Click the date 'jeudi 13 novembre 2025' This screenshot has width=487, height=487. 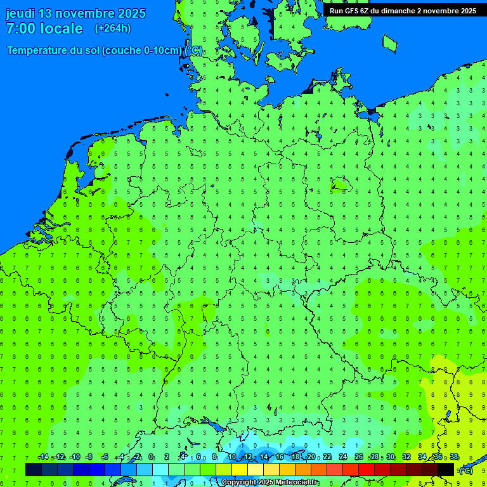(75, 13)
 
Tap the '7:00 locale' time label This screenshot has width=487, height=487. (44, 29)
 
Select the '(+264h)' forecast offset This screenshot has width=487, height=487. (113, 29)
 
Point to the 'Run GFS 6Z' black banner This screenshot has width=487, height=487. (403, 10)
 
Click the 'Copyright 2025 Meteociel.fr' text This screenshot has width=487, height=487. (270, 483)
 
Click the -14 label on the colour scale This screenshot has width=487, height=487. (43, 457)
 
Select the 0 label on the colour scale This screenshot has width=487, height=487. (151, 457)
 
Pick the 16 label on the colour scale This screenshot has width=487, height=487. (280, 457)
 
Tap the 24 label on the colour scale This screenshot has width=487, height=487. (343, 457)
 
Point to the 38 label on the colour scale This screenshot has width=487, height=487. (454, 457)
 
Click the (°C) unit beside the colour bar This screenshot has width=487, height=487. (465, 470)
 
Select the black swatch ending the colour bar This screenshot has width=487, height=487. (446, 470)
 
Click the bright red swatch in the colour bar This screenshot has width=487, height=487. (367, 470)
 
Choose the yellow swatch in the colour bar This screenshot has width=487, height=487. (240, 470)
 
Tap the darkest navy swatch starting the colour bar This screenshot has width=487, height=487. (34, 470)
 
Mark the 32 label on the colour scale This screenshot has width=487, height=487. (406, 457)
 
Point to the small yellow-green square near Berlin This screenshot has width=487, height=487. (341, 185)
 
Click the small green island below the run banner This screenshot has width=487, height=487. (389, 42)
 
